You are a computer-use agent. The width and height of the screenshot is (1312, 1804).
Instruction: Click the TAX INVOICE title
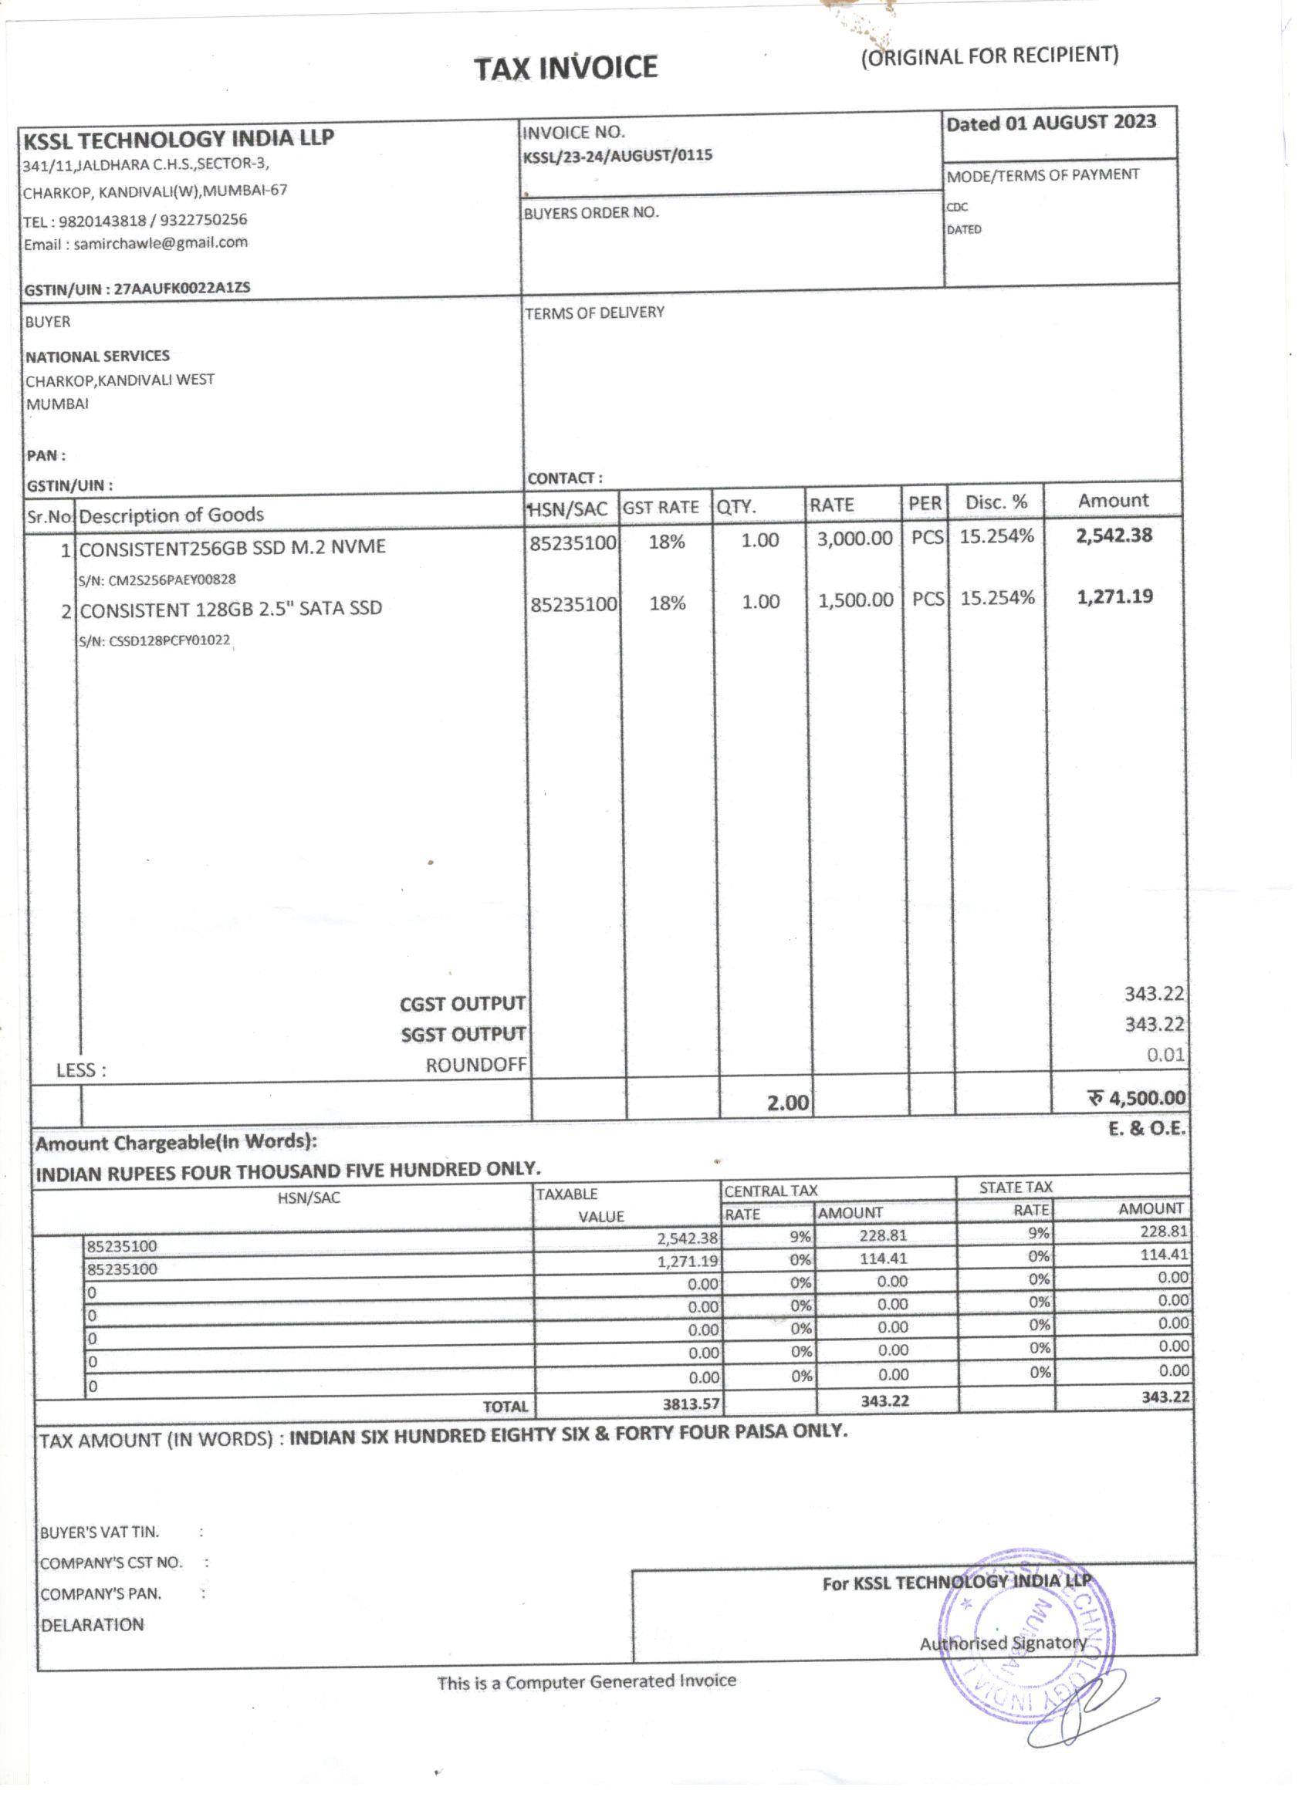point(566,68)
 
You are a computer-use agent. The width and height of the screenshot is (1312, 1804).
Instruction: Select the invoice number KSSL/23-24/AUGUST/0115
point(617,156)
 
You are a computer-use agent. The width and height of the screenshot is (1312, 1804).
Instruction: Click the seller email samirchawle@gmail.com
point(160,243)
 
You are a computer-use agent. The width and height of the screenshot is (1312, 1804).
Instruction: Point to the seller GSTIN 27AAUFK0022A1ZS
point(181,288)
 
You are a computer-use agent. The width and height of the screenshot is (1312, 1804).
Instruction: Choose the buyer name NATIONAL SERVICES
point(97,356)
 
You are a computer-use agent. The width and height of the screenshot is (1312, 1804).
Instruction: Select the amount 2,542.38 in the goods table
point(1113,535)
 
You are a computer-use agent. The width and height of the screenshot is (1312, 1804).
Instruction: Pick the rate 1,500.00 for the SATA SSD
point(855,600)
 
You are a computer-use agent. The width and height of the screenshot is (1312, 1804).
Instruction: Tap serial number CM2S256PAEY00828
point(172,580)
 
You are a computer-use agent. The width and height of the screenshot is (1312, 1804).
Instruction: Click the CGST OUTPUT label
point(462,1004)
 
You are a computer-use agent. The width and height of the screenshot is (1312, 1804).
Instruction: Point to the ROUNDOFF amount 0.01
point(1165,1055)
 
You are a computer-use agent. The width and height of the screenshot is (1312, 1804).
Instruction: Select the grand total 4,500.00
point(1146,1099)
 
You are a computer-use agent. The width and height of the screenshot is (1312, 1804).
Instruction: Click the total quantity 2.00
point(788,1103)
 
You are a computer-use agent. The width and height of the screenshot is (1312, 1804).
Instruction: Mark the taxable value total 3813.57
point(691,1404)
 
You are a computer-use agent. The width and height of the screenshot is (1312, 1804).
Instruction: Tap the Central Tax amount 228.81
point(882,1235)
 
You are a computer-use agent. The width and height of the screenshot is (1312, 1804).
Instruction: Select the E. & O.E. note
point(1147,1129)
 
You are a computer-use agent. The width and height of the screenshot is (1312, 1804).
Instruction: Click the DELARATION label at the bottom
point(93,1624)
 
